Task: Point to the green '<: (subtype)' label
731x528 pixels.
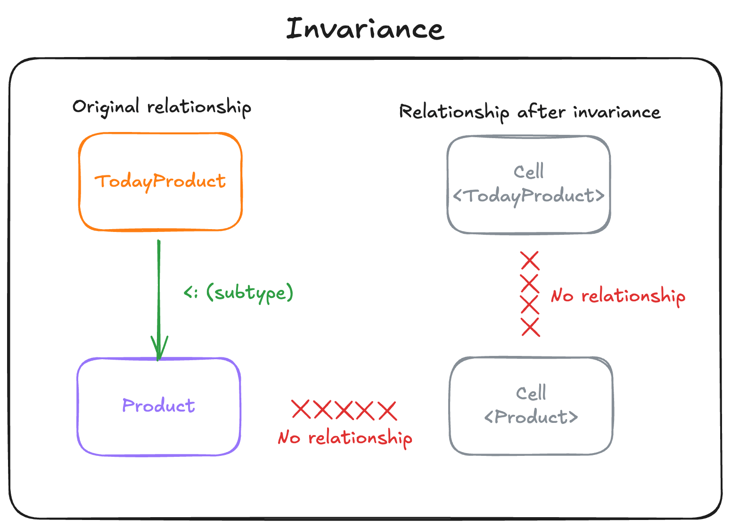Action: (238, 293)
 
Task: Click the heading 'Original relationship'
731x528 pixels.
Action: (161, 107)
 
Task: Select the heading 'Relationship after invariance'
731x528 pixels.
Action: (529, 112)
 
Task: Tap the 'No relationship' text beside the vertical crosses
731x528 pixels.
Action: (618, 296)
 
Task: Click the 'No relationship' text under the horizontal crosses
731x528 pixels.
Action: (345, 438)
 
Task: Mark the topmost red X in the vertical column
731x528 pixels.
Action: (530, 261)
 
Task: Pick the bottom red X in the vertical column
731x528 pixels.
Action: (530, 327)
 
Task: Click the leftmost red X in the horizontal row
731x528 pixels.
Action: (301, 409)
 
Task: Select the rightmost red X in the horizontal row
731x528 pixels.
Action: (387, 411)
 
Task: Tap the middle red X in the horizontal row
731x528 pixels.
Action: (344, 410)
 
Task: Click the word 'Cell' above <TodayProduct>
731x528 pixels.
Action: (528, 172)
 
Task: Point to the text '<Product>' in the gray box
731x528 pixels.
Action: (531, 417)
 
